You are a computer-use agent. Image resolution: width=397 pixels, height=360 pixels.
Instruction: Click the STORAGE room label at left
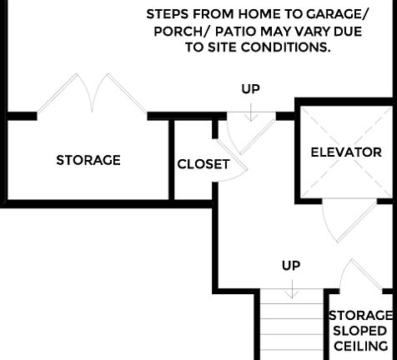(x=88, y=160)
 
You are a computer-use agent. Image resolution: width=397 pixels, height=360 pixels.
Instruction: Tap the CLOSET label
(x=203, y=164)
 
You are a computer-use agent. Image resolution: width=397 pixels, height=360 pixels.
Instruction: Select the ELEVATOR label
(x=345, y=152)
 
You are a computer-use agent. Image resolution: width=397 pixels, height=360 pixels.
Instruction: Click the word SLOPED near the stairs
(x=359, y=331)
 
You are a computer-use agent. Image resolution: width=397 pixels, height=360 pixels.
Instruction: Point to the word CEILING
(x=360, y=346)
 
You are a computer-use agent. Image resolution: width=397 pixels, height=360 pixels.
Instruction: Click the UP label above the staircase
(x=290, y=266)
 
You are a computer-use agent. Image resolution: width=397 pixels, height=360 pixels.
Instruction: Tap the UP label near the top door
(x=250, y=88)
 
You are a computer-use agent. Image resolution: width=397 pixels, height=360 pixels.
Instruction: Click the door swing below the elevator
(x=336, y=222)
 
